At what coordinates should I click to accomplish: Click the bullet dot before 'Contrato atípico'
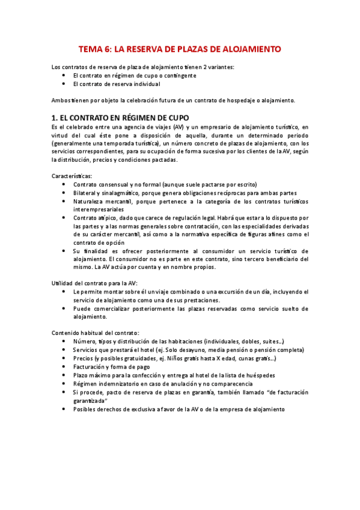64,217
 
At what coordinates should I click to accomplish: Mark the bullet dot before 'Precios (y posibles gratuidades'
64,358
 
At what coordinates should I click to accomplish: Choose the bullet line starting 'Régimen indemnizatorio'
163,383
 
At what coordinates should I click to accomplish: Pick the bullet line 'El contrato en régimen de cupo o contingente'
143,75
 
